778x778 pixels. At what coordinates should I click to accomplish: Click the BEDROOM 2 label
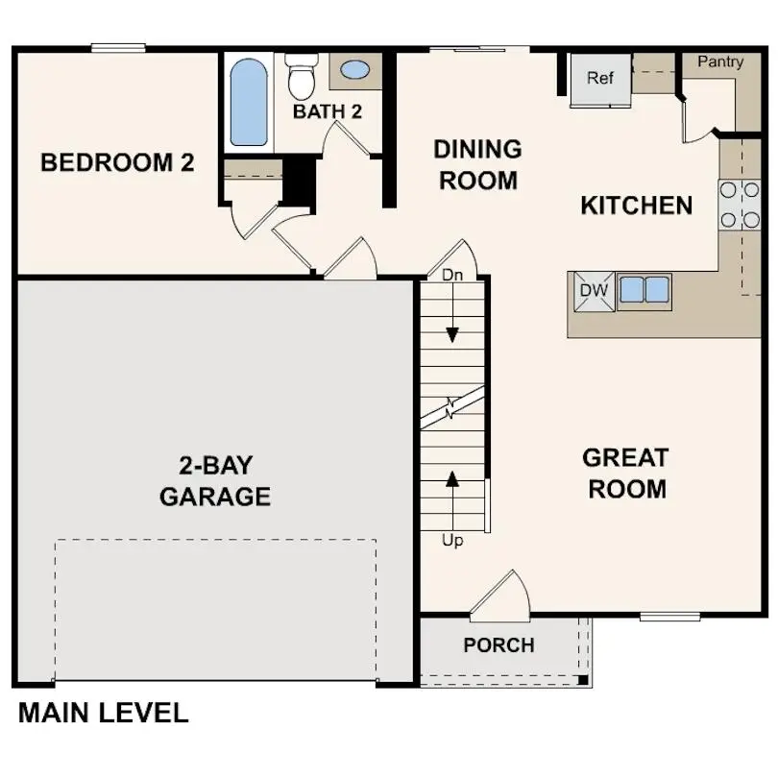tap(117, 163)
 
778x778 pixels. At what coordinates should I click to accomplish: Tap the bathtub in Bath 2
tap(249, 103)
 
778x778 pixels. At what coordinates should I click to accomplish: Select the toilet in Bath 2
tap(302, 77)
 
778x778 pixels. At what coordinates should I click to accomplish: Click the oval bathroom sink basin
tap(354, 70)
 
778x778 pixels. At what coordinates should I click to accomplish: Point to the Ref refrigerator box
tap(600, 78)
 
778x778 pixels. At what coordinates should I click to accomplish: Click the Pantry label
tap(720, 62)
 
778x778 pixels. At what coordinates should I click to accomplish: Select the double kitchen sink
tap(644, 289)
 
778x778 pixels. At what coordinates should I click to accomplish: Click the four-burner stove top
tap(739, 205)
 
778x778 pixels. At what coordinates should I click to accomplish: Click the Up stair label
tap(452, 541)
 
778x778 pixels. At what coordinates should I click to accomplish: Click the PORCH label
tap(498, 645)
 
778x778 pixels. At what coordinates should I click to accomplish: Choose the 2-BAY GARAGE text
tap(215, 481)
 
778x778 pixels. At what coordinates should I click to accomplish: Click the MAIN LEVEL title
tap(103, 713)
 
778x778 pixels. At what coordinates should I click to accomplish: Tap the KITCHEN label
tap(636, 206)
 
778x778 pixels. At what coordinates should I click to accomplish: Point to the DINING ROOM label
tap(477, 164)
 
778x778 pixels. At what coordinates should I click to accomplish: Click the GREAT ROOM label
tap(626, 474)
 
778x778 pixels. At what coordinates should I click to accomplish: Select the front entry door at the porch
tap(501, 596)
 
